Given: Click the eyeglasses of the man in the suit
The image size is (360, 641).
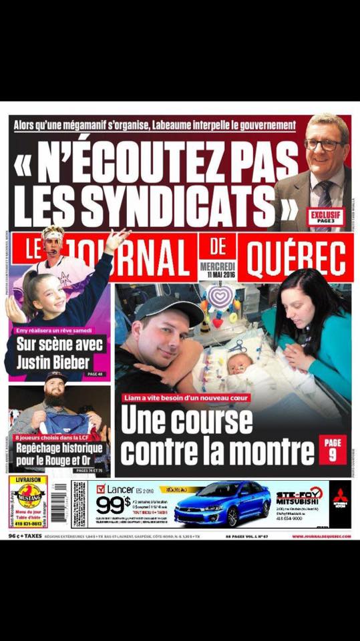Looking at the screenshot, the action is click(325, 144).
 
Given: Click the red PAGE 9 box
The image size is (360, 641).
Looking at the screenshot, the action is click(332, 449).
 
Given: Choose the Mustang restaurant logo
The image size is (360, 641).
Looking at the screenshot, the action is click(30, 497).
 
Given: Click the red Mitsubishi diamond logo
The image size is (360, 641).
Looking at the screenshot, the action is click(341, 495).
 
